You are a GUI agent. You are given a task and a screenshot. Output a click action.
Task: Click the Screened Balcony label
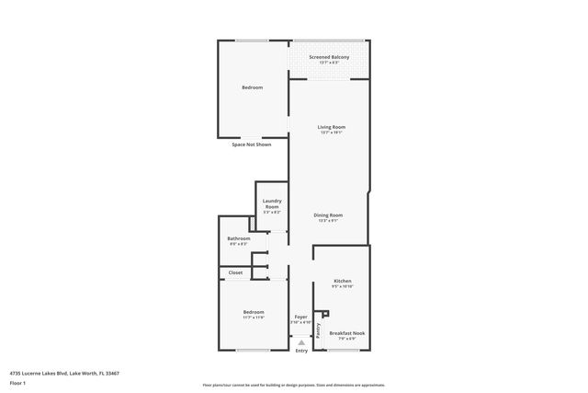pyautogui.click(x=329, y=57)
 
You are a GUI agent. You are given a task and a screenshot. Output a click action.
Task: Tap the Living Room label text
pyautogui.click(x=332, y=127)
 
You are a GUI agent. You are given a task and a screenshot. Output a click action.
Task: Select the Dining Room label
pyautogui.click(x=328, y=215)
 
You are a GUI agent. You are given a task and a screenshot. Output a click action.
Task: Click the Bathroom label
pyautogui.click(x=239, y=238)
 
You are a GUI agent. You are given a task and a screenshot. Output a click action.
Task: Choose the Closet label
pyautogui.click(x=235, y=272)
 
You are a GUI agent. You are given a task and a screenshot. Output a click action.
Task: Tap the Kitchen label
pyautogui.click(x=343, y=281)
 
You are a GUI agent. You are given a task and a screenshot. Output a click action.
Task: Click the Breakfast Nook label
pyautogui.click(x=346, y=332)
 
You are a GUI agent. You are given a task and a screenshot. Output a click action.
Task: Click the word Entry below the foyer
pyautogui.click(x=301, y=351)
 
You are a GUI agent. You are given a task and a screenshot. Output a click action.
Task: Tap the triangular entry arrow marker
pyautogui.click(x=301, y=341)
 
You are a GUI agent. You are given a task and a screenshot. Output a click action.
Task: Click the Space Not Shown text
pyautogui.click(x=251, y=144)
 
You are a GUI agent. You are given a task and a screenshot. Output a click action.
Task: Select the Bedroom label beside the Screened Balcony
pyautogui.click(x=253, y=87)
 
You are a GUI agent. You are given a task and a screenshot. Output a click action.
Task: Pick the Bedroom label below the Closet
pyautogui.click(x=254, y=312)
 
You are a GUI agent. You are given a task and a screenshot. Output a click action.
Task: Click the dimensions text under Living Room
pyautogui.click(x=332, y=133)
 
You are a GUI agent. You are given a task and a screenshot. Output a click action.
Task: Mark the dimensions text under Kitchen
pyautogui.click(x=343, y=286)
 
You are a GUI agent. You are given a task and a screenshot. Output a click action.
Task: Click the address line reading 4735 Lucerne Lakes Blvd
pyautogui.click(x=64, y=374)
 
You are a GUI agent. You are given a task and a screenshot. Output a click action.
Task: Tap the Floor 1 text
pyautogui.click(x=17, y=383)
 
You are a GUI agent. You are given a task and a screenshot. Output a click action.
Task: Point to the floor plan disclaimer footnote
pyautogui.click(x=294, y=384)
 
